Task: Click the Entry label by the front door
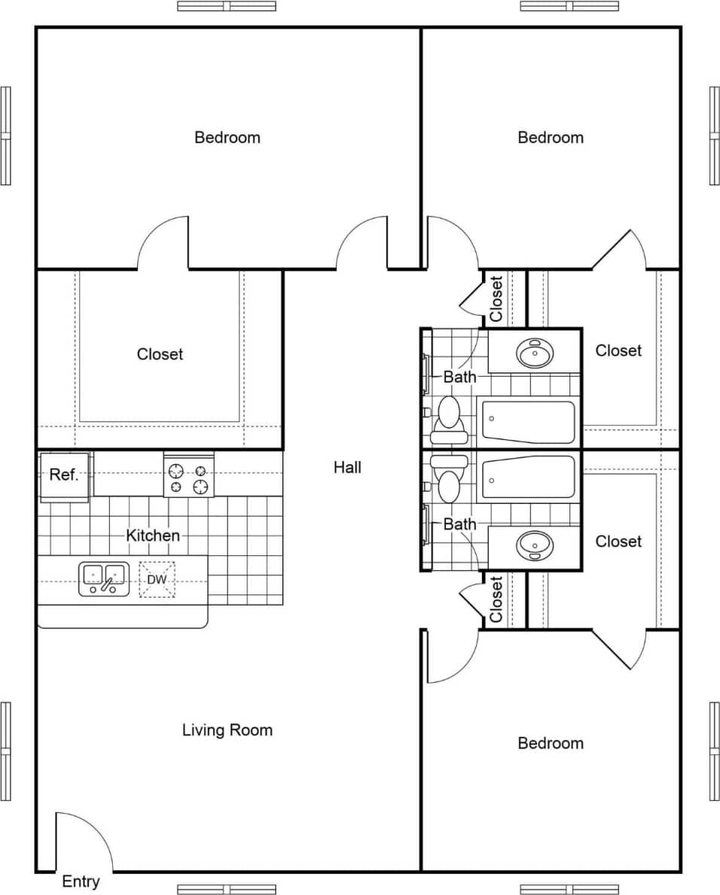pos(81,881)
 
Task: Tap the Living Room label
pos(227,730)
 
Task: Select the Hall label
pos(347,467)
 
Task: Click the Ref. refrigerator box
pos(65,475)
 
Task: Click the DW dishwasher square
pos(157,579)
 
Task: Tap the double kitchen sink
pos(103,579)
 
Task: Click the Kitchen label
pos(153,536)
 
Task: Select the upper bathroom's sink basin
pos(535,352)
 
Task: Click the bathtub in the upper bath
pos(529,422)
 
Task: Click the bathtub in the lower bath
pos(529,477)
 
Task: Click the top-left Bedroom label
pos(227,137)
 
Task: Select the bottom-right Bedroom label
pos(551,744)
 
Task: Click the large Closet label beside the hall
pos(160,354)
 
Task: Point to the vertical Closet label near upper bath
pos(496,299)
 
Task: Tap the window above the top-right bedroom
pos(569,6)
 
